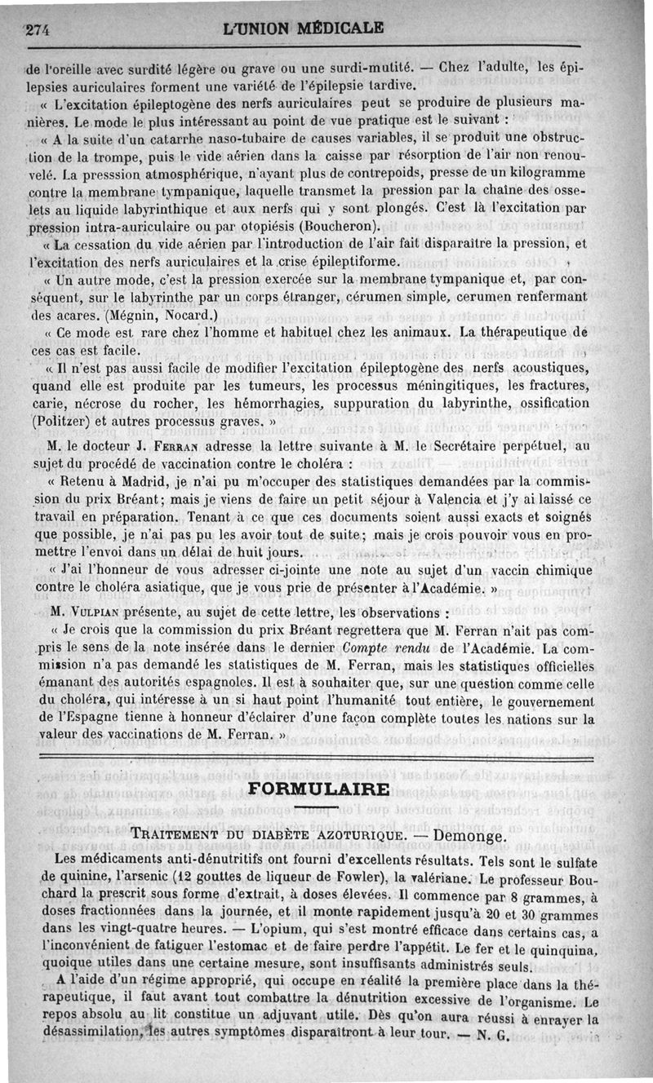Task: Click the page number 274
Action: [38, 29]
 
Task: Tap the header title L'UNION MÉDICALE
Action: [303, 28]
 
